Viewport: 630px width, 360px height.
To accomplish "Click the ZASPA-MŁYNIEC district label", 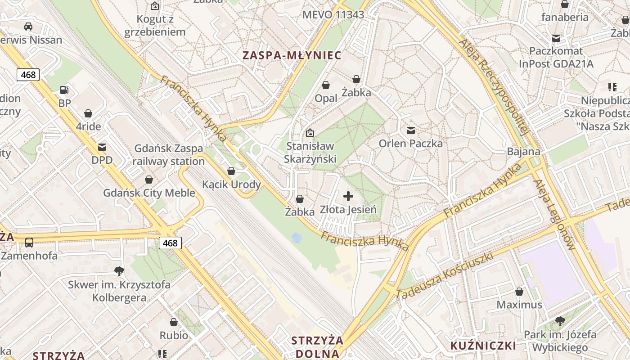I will pos(292,55).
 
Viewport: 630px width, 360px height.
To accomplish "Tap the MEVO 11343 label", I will pos(333,14).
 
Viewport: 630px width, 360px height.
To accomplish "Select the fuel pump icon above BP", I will pos(64,90).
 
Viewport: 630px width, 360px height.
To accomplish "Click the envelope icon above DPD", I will pos(102,147).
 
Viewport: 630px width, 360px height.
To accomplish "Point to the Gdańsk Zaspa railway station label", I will pos(169,155).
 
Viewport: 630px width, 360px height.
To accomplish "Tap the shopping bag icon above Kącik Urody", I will pos(231,171).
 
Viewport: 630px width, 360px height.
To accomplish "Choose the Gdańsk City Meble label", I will pos(149,193).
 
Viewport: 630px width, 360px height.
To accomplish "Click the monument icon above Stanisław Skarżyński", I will pos(310,133).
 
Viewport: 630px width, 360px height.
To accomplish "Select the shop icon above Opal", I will pos(326,85).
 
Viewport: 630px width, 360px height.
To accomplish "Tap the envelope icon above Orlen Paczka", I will pos(411,130).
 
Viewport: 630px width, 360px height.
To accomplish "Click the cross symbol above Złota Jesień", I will pos(348,196).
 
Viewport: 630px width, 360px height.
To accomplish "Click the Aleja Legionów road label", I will pos(554,215).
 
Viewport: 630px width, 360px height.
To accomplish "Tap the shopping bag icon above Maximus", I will pos(519,292).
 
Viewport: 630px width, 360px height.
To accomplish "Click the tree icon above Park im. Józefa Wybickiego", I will pos(560,321).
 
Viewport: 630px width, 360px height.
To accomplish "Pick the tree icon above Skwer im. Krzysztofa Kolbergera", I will pos(119,271).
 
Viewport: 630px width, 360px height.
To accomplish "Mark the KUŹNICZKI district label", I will pos(483,346).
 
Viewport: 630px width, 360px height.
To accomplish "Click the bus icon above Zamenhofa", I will pos(29,243).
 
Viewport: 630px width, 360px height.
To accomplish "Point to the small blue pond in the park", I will pos(297,237).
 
